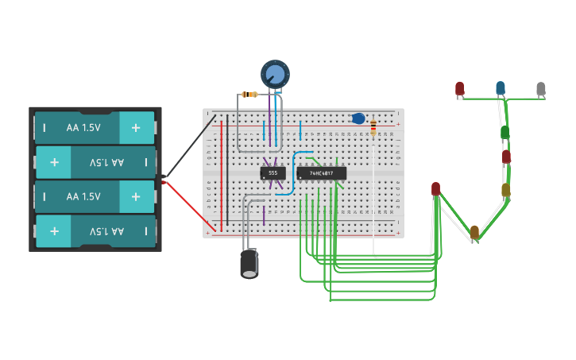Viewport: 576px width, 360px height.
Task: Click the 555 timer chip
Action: click(x=273, y=172)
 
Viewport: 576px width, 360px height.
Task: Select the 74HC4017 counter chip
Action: click(x=322, y=172)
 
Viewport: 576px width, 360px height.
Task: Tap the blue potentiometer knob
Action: click(x=275, y=75)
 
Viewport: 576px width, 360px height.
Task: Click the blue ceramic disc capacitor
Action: click(x=358, y=118)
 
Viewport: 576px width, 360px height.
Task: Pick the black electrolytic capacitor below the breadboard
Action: click(x=249, y=263)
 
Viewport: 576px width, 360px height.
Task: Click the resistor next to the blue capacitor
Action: click(x=373, y=128)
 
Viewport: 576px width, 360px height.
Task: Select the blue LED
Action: click(x=501, y=87)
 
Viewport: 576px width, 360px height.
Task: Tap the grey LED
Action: click(x=541, y=88)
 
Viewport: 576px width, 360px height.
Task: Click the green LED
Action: click(x=504, y=131)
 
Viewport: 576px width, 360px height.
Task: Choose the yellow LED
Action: click(x=505, y=190)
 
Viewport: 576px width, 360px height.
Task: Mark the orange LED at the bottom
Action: click(x=474, y=231)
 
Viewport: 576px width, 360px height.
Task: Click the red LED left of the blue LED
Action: click(x=459, y=87)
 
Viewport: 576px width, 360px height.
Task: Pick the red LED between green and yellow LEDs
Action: click(x=506, y=157)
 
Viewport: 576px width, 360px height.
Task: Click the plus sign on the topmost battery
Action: click(x=136, y=127)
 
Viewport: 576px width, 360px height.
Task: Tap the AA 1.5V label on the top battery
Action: click(x=83, y=127)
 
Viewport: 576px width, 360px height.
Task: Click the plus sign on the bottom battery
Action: click(x=54, y=231)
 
